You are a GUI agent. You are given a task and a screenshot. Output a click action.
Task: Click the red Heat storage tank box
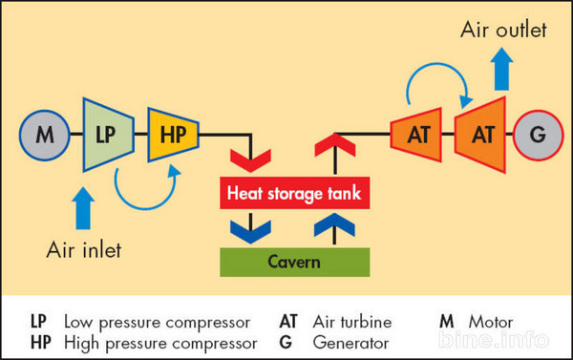pos(292,195)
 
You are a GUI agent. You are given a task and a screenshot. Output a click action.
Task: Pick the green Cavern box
pos(292,262)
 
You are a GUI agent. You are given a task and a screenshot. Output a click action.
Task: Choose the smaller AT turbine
pos(417,135)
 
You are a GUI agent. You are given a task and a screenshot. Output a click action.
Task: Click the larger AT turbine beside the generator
pos(481,135)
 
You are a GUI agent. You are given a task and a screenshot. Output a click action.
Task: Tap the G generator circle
pos(538,135)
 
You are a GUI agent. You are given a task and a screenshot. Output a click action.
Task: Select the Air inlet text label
pos(85,250)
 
